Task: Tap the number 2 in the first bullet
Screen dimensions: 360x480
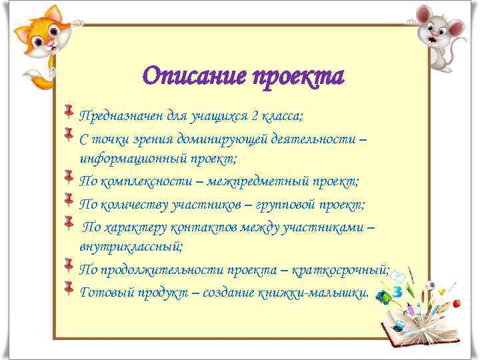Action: click(255, 117)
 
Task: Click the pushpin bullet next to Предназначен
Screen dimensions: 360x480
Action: click(69, 111)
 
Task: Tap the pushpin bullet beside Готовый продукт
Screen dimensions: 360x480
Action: click(69, 287)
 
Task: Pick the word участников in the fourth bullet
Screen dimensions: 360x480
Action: click(203, 203)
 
